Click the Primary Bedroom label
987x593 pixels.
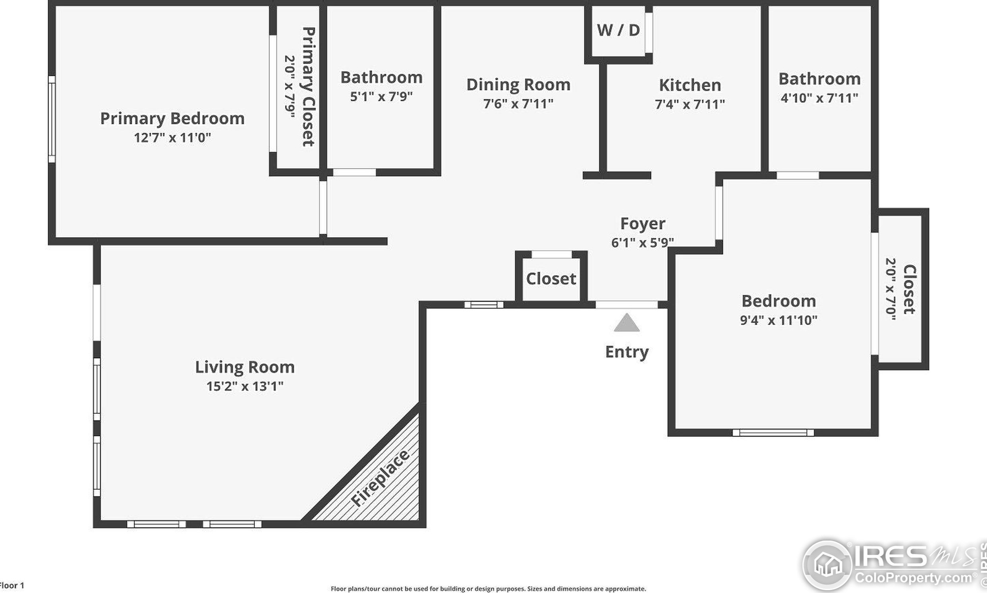tap(172, 119)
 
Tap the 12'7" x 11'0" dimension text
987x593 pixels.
tap(172, 138)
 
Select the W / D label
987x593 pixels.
tap(618, 30)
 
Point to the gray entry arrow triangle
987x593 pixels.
tap(627, 323)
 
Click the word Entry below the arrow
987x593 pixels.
tap(627, 352)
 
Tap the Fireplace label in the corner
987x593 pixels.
tap(380, 478)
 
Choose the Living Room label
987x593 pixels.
tap(245, 367)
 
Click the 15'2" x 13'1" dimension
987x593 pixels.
tap(245, 386)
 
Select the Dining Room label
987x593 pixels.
tap(518, 85)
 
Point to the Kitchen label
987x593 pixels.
tap(690, 85)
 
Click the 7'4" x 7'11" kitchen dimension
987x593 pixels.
tap(690, 104)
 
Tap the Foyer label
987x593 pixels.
tap(643, 224)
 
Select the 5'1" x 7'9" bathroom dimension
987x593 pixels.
tap(381, 97)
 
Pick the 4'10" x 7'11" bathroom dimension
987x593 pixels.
tap(819, 98)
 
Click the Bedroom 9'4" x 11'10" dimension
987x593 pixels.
tap(779, 320)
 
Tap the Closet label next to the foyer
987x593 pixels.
tap(551, 279)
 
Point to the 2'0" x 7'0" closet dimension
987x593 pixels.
tap(891, 289)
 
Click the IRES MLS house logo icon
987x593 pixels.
tap(827, 565)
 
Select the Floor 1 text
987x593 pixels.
tap(12, 585)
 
